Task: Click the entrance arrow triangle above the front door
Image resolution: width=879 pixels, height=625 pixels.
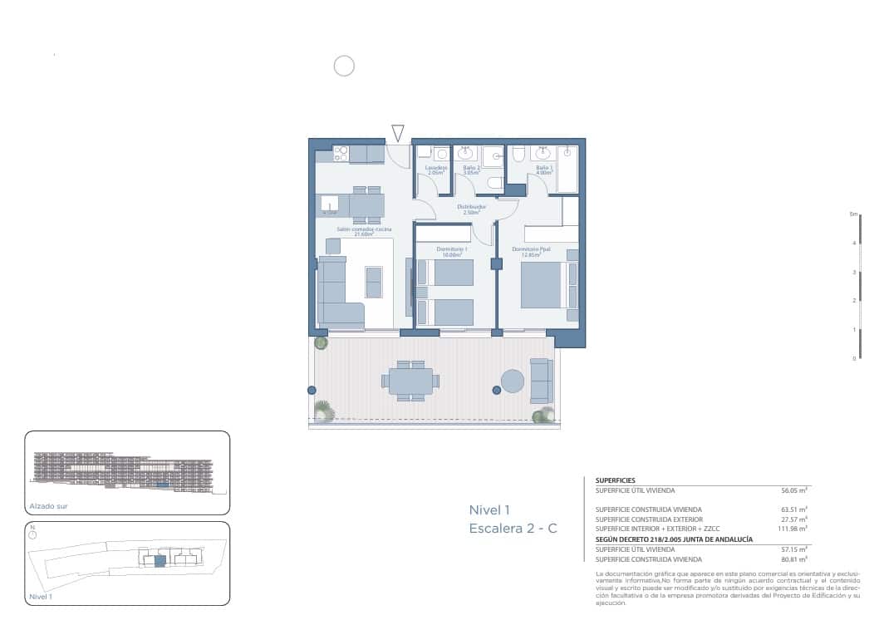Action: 398,132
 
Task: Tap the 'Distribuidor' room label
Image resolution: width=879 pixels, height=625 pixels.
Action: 471,207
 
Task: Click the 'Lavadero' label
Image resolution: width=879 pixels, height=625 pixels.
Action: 436,168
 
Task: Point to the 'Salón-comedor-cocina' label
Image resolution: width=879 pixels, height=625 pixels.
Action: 363,229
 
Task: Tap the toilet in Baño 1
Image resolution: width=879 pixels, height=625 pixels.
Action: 518,154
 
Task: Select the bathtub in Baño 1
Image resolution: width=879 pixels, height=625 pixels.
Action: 568,170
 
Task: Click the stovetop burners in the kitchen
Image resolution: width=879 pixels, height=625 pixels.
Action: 341,153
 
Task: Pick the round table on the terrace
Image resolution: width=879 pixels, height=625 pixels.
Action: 513,381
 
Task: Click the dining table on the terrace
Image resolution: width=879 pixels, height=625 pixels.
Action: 410,381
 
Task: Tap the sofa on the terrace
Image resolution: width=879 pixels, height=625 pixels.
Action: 540,381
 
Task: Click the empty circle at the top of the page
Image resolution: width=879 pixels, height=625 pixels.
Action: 344,66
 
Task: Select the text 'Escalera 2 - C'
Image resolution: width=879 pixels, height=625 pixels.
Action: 513,529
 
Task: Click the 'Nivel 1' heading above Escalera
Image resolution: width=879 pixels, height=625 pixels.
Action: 489,509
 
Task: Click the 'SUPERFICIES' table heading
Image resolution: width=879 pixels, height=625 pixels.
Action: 616,480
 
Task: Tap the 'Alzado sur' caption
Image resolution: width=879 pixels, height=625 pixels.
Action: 45,505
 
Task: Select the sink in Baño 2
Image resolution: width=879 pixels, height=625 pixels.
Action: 465,154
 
